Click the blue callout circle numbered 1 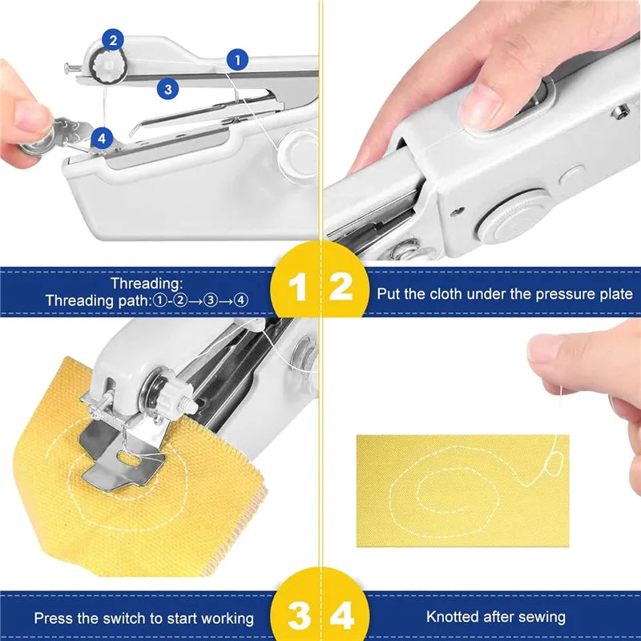[x=237, y=58]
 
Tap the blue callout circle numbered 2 [x=113, y=39]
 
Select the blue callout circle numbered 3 [x=167, y=89]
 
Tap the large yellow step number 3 [x=297, y=617]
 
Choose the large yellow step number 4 [x=342, y=617]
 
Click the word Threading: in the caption [x=147, y=283]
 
